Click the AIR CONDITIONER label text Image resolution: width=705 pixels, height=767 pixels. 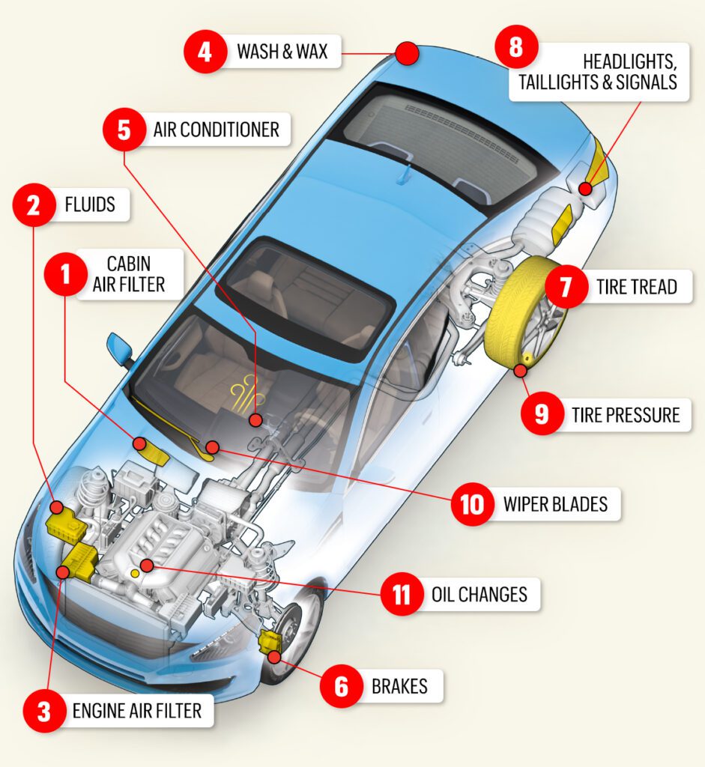click(216, 130)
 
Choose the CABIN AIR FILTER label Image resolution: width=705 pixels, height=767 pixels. click(129, 274)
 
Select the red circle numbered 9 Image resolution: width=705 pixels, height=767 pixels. click(542, 414)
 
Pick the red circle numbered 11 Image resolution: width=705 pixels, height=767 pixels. click(402, 595)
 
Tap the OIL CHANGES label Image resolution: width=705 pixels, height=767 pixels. click(479, 595)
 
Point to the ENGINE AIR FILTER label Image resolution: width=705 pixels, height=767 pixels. click(136, 710)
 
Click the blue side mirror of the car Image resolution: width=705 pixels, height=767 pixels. click(119, 348)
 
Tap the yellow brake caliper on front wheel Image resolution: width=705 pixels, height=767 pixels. click(269, 642)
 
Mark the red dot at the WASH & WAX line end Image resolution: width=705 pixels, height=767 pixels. click(405, 52)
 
